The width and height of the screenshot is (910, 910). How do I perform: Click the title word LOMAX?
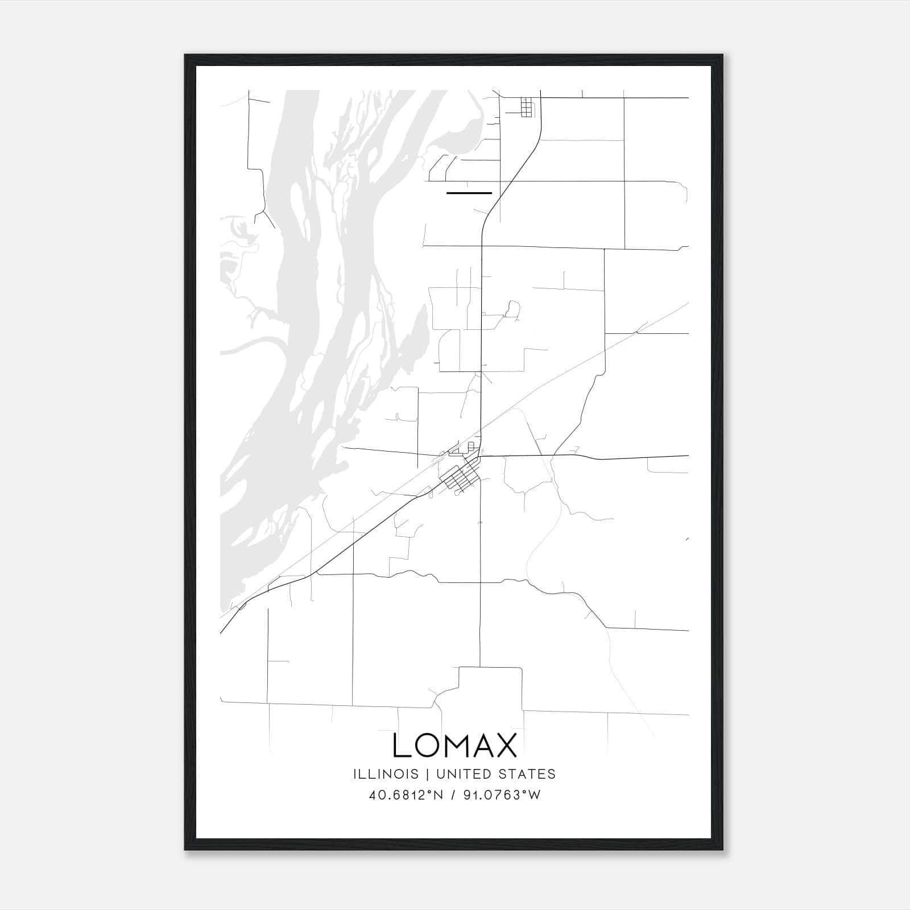coord(454,746)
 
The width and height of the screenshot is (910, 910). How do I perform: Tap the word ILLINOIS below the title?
coord(386,774)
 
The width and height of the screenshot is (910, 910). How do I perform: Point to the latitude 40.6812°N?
coord(404,795)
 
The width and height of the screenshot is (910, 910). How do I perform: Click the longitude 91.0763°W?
coord(501,795)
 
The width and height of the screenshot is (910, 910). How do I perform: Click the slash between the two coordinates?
coord(453,795)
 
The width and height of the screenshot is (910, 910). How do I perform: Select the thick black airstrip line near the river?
coord(469,193)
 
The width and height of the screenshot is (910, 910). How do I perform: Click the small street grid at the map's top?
coord(527,107)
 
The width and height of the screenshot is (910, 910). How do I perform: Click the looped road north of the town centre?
coord(512,309)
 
